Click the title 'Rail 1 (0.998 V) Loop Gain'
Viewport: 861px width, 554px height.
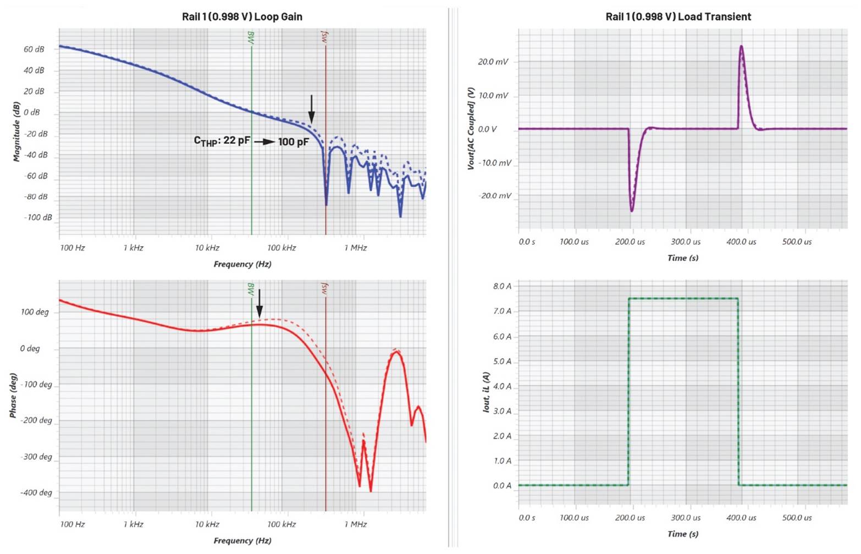click(x=242, y=17)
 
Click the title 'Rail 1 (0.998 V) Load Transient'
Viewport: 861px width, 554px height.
click(x=678, y=17)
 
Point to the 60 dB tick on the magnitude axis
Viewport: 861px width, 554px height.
click(x=34, y=50)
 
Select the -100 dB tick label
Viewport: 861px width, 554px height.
click(x=38, y=217)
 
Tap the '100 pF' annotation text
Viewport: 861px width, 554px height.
click(x=293, y=142)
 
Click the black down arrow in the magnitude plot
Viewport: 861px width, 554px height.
click(x=311, y=109)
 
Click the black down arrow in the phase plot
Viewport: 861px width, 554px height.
click(x=260, y=303)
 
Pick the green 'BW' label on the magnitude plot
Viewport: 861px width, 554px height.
click(x=251, y=37)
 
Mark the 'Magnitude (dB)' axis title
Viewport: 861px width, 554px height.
click(x=16, y=131)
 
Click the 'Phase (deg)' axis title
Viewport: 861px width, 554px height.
click(x=13, y=395)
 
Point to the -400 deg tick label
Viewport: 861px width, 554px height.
click(x=36, y=492)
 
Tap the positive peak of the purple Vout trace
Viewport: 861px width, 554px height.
click(x=741, y=46)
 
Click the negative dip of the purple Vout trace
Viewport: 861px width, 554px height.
click(x=632, y=211)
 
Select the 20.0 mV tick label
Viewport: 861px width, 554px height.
click(x=493, y=62)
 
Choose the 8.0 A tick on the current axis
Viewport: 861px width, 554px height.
click(x=502, y=286)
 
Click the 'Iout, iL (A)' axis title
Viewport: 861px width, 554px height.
click(x=486, y=392)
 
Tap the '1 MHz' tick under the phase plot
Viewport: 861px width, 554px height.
click(x=355, y=524)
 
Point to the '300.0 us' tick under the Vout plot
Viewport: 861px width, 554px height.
click(x=686, y=242)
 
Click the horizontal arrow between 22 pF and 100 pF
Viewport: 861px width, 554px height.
click(x=264, y=142)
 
